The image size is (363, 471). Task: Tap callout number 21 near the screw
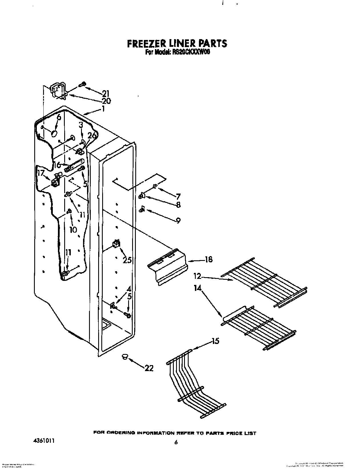[106, 93]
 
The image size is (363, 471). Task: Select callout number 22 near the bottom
[149, 368]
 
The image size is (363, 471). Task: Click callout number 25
[127, 260]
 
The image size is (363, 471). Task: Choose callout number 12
[197, 276]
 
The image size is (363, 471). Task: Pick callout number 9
[178, 221]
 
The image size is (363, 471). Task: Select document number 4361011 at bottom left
[42, 432]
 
